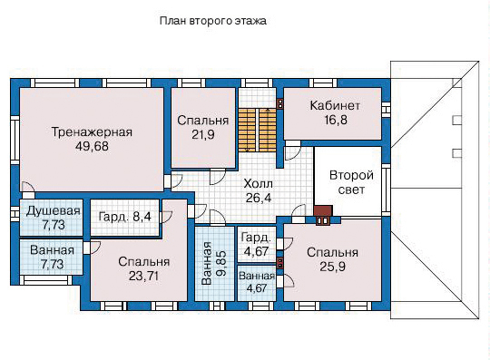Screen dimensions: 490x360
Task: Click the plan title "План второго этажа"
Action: click(213, 21)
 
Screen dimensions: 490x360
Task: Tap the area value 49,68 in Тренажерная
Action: click(92, 146)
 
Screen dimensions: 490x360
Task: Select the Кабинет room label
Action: click(335, 105)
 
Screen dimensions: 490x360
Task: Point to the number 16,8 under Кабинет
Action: click(336, 120)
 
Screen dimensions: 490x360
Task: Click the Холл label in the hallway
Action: click(258, 183)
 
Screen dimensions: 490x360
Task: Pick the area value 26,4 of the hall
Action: click(259, 198)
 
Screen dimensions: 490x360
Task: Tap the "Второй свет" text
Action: click(351, 182)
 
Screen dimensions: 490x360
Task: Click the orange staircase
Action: click(258, 130)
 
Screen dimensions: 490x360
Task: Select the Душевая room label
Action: click(54, 211)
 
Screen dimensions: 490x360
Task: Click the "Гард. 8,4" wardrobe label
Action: click(124, 217)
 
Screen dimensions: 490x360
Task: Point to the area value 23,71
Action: click(143, 276)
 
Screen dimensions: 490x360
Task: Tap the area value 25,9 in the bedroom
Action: click(332, 267)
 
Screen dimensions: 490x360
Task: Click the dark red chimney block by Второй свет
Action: click(323, 210)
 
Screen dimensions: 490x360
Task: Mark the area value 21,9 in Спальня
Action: click(203, 134)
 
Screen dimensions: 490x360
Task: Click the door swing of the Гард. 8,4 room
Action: click(167, 218)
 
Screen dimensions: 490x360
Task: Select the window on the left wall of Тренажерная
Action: click(15, 140)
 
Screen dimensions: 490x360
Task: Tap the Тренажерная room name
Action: click(92, 131)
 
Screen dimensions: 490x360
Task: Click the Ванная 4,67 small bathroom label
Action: click(257, 282)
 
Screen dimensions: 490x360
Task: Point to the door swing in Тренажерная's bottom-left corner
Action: click(28, 190)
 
